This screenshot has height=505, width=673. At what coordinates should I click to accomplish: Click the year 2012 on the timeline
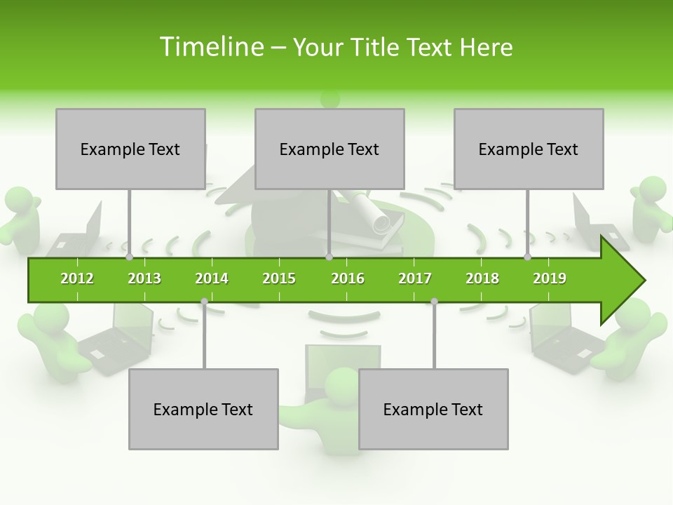tap(77, 278)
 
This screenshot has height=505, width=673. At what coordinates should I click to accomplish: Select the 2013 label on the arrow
tap(144, 278)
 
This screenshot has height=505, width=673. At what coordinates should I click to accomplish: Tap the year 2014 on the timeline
tap(212, 278)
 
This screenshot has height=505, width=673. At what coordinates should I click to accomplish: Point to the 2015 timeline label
tap(279, 278)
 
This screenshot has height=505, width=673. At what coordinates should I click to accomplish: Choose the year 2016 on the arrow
tap(348, 278)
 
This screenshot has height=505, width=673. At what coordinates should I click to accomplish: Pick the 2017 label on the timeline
tap(415, 278)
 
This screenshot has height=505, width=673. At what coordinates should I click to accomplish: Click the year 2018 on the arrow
tap(482, 278)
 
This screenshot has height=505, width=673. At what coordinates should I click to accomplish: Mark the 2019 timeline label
tap(550, 278)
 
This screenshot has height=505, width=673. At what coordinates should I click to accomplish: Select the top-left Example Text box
tap(130, 149)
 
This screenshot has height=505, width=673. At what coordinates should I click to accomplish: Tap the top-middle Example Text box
tap(329, 149)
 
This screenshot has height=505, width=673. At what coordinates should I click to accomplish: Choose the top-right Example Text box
tap(529, 149)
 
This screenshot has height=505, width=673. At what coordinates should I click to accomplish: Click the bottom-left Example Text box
tap(203, 409)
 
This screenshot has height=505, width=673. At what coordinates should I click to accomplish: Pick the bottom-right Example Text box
tap(433, 409)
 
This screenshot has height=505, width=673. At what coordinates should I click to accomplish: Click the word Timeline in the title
tap(210, 47)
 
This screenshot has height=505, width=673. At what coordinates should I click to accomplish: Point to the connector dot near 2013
tap(129, 257)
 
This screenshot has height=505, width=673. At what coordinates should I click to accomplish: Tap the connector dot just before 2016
tap(329, 257)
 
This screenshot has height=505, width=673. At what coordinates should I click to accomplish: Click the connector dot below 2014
tap(204, 301)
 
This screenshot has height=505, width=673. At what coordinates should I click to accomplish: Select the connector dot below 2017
tap(434, 301)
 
